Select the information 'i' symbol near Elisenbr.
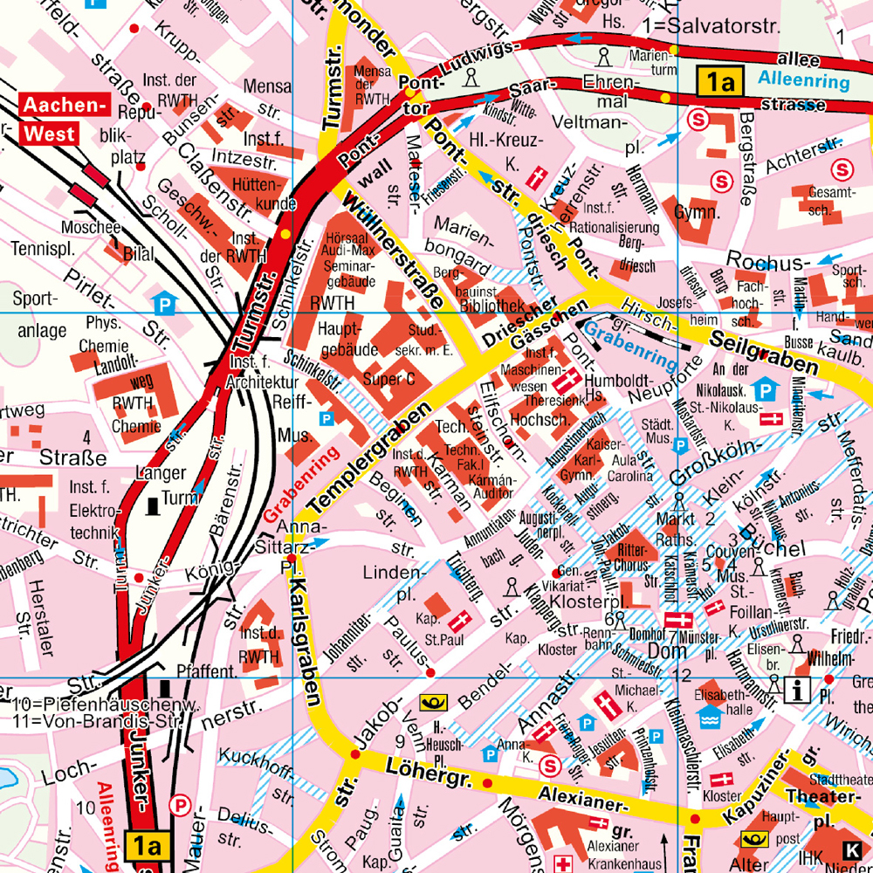pos(797,691)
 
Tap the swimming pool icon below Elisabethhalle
pos(710,718)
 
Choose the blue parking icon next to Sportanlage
pos(163,304)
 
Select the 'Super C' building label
pos(388,379)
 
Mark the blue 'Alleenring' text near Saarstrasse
pos(803,82)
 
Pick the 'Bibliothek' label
pos(491,306)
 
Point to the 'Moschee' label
pos(91,228)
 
